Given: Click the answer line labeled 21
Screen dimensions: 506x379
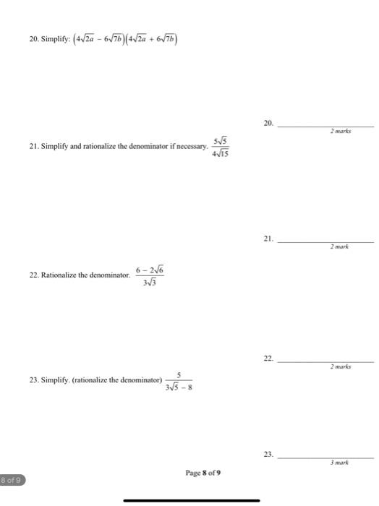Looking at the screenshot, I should click(325, 239).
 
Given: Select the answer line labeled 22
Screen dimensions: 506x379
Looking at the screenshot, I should click(325, 359).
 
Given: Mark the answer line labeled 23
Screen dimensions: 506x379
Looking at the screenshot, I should click(325, 457).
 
